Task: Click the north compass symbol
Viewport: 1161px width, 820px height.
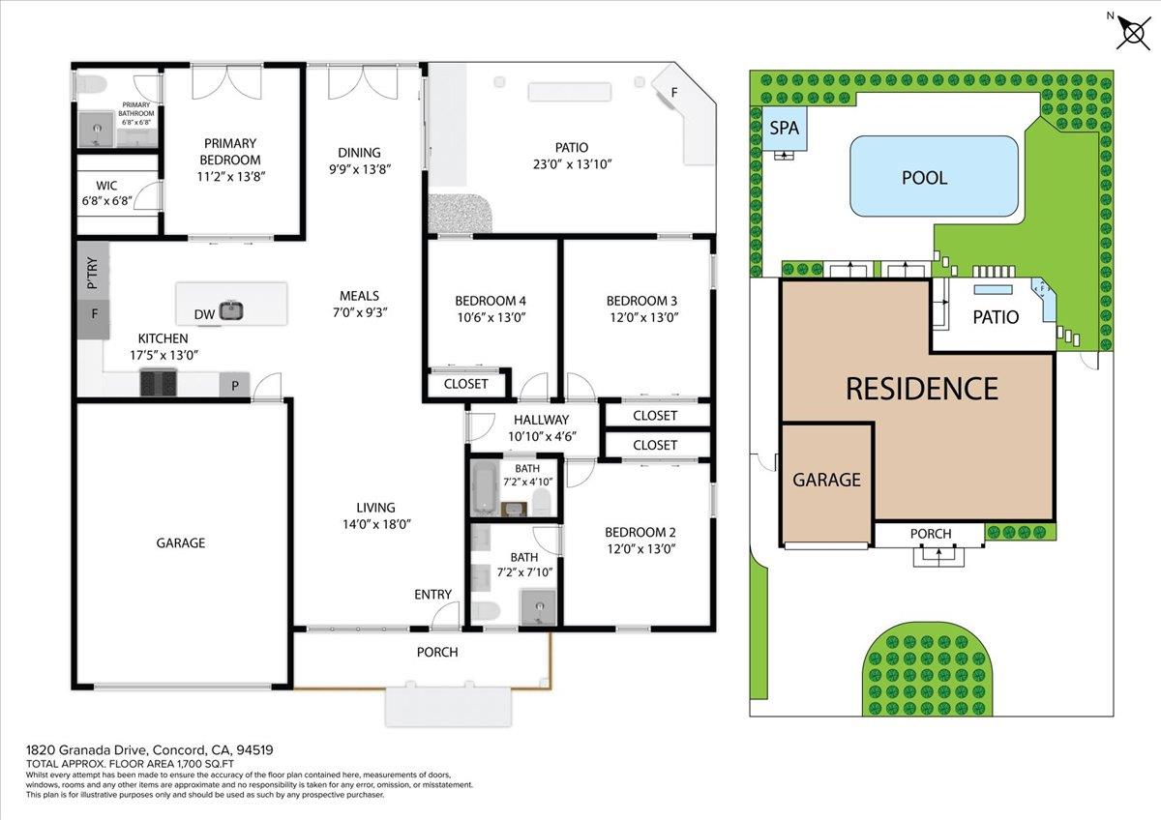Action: [1131, 32]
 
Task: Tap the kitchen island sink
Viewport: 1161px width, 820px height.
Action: [230, 310]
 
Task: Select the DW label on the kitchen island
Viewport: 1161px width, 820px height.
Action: [203, 314]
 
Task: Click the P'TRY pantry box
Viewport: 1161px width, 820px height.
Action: [93, 273]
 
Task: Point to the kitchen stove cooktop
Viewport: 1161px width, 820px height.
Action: [160, 384]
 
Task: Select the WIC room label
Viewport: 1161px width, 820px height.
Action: [106, 186]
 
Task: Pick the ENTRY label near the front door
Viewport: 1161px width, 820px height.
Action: [432, 594]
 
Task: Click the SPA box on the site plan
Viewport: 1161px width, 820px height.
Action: [784, 129]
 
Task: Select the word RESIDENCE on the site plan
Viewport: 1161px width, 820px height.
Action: [921, 389]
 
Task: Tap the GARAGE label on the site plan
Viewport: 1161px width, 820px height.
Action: [826, 480]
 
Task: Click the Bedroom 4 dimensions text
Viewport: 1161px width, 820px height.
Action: [491, 317]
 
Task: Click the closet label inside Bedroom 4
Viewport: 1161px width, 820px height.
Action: [466, 384]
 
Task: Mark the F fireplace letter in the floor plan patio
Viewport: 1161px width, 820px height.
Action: [674, 93]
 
